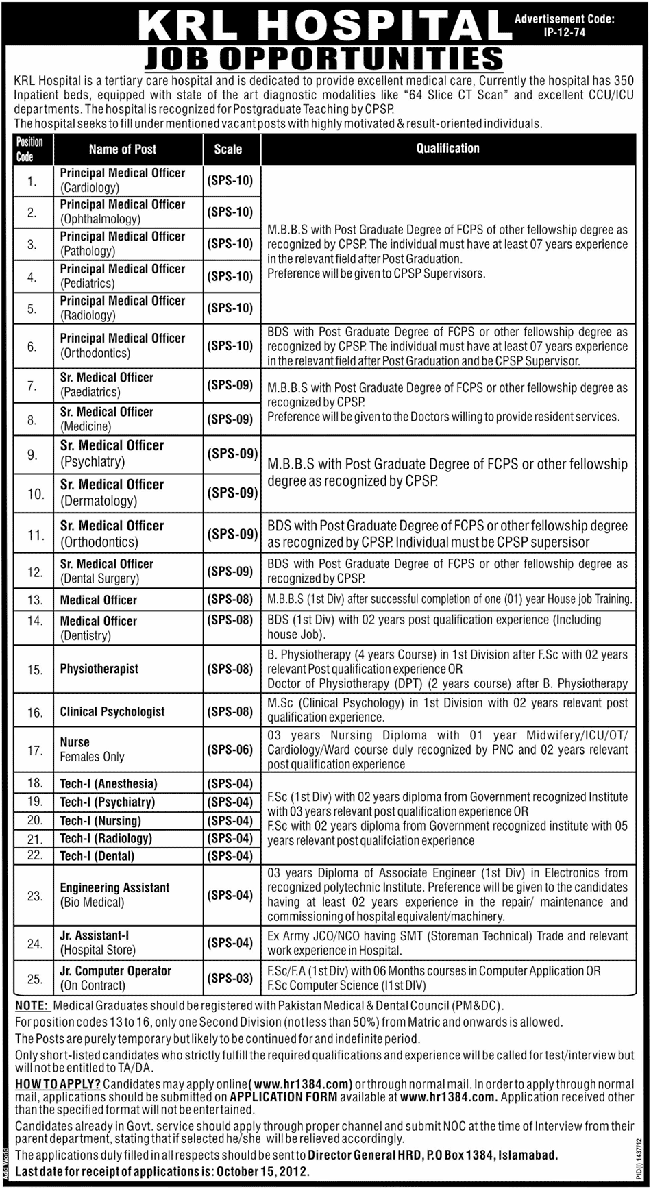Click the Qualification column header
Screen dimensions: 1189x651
(447, 148)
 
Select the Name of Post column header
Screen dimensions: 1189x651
(122, 149)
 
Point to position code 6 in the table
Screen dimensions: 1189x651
(31, 346)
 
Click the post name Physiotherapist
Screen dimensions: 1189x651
(99, 668)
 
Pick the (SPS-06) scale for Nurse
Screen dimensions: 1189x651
(230, 750)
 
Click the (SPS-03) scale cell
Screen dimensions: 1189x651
(230, 979)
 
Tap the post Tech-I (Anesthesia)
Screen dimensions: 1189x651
(108, 783)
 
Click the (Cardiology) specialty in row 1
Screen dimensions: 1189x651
(90, 187)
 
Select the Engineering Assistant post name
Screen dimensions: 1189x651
(114, 887)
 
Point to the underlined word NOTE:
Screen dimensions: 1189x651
(32, 1006)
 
